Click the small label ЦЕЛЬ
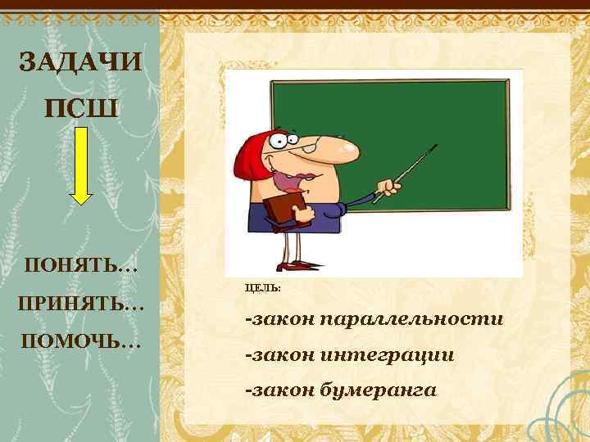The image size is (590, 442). coord(262,288)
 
